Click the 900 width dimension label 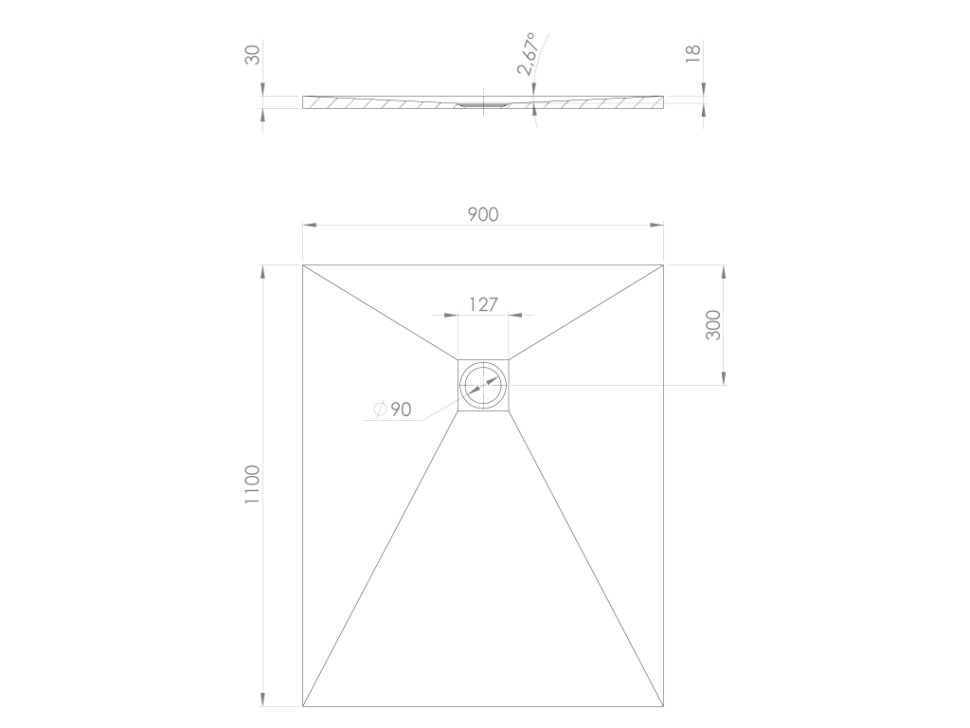482,214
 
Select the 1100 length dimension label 252,484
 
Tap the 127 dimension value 483,304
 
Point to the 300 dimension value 713,325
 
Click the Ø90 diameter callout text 393,409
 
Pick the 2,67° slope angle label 527,54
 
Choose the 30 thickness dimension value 252,55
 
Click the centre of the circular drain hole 483,385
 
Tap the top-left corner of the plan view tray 302,265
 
